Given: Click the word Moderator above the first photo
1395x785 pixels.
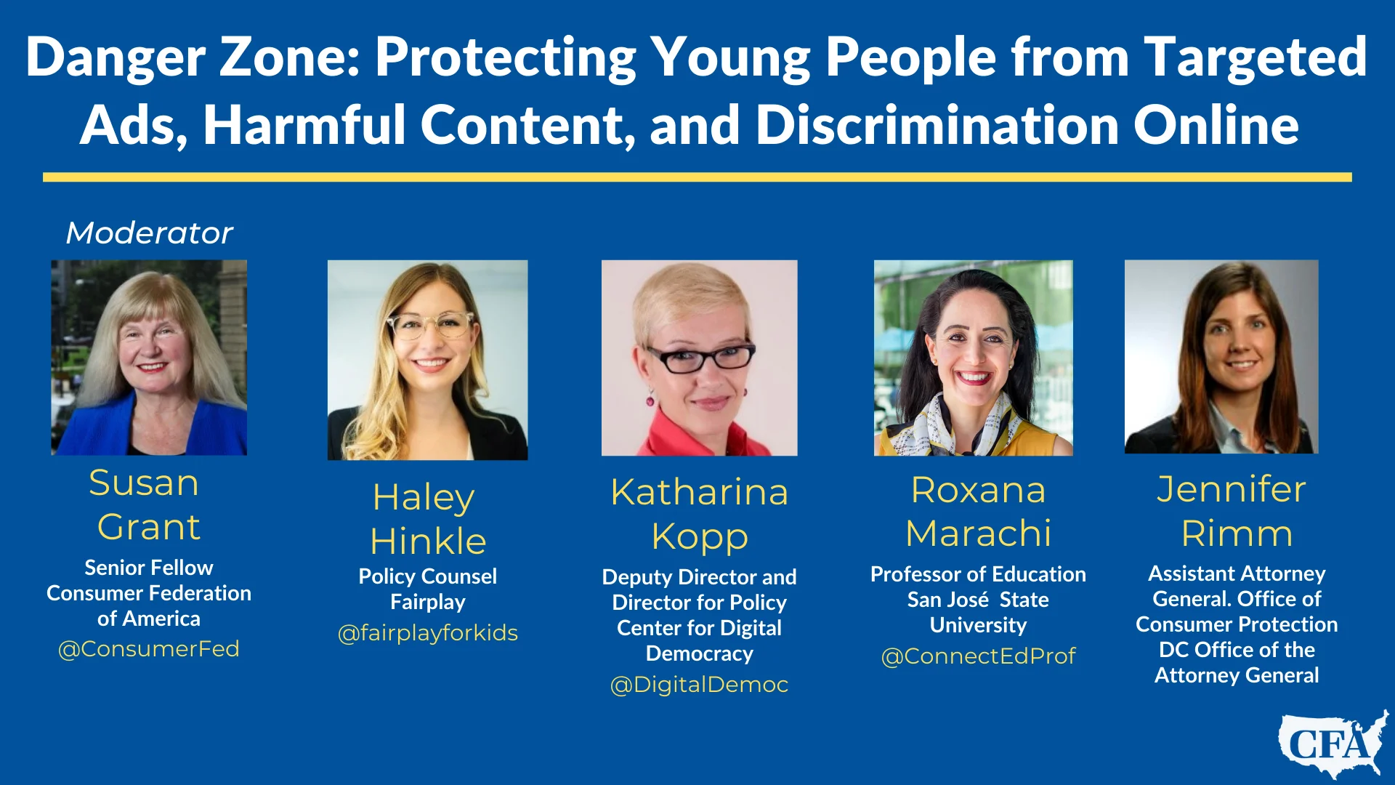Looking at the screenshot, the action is click(149, 233).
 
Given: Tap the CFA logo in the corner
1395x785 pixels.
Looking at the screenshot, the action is click(1333, 744).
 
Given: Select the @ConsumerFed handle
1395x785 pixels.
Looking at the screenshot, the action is click(149, 648).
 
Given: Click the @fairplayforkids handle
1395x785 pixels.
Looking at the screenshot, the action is click(428, 633).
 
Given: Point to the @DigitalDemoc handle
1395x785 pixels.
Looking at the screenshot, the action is click(699, 685).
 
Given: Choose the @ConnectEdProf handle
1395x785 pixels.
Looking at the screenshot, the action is click(978, 656).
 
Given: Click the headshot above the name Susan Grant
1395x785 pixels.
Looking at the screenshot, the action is click(149, 358).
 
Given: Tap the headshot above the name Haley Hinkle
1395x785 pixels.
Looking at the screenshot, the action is click(428, 360).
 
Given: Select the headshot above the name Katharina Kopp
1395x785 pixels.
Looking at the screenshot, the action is click(699, 358).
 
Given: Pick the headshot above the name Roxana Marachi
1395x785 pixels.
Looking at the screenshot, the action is click(974, 358).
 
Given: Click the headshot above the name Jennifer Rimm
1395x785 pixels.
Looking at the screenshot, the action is click(1221, 357).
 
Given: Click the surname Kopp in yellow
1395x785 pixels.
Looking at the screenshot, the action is click(700, 538).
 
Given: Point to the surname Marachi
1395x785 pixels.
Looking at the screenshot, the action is click(979, 534).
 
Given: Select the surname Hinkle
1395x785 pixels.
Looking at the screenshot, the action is click(428, 542).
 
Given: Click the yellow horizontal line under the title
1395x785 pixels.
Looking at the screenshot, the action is click(697, 177).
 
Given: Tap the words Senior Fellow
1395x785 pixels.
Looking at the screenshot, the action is click(149, 568).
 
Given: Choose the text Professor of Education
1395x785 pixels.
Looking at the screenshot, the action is click(978, 574).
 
